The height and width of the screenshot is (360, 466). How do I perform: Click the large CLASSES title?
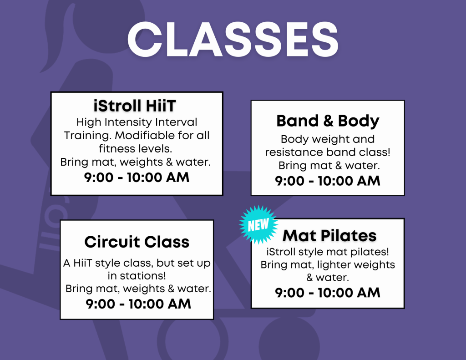[x=233, y=39]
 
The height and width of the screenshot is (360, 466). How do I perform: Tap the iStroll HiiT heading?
[x=135, y=106]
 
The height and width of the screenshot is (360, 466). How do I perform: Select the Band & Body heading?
[x=328, y=121]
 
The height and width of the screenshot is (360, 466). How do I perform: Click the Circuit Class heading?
[x=137, y=242]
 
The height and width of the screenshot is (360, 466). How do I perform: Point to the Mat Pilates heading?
[x=329, y=236]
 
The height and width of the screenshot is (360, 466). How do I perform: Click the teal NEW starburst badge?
[x=258, y=225]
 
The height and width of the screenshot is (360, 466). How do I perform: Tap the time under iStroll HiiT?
[x=137, y=177]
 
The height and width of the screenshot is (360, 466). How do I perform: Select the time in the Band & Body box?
[x=328, y=181]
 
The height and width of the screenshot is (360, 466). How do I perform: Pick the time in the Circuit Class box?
[x=138, y=304]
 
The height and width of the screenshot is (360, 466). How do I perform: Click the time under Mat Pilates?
[x=328, y=293]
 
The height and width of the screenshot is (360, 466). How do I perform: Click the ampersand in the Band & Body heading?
[x=328, y=121]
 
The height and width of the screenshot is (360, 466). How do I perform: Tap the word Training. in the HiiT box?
[x=88, y=136]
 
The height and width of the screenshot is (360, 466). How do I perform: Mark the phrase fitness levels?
[x=136, y=149]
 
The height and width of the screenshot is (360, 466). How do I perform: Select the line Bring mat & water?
[x=329, y=166]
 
